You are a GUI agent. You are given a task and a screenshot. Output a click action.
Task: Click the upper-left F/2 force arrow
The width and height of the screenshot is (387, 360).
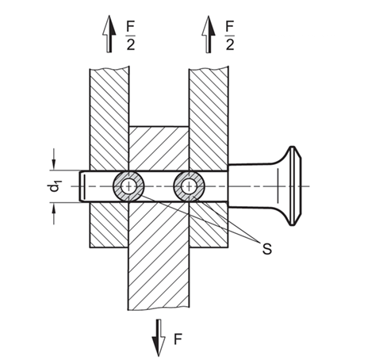tap(109, 34)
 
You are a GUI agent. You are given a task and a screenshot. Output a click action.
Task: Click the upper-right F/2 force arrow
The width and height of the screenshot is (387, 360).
tap(209, 34)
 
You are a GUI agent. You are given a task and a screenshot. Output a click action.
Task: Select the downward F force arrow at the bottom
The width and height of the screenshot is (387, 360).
tap(159, 338)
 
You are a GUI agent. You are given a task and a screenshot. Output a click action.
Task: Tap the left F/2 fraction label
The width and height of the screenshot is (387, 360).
tap(131, 36)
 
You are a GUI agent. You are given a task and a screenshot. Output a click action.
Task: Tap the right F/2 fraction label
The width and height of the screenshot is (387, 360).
tap(230, 36)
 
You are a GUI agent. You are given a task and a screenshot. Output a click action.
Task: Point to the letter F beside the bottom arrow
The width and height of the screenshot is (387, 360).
tap(178, 339)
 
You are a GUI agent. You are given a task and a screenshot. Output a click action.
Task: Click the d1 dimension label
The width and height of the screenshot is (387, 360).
tap(54, 186)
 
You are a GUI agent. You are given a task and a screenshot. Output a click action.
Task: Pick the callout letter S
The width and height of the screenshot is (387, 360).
tap(267, 249)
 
